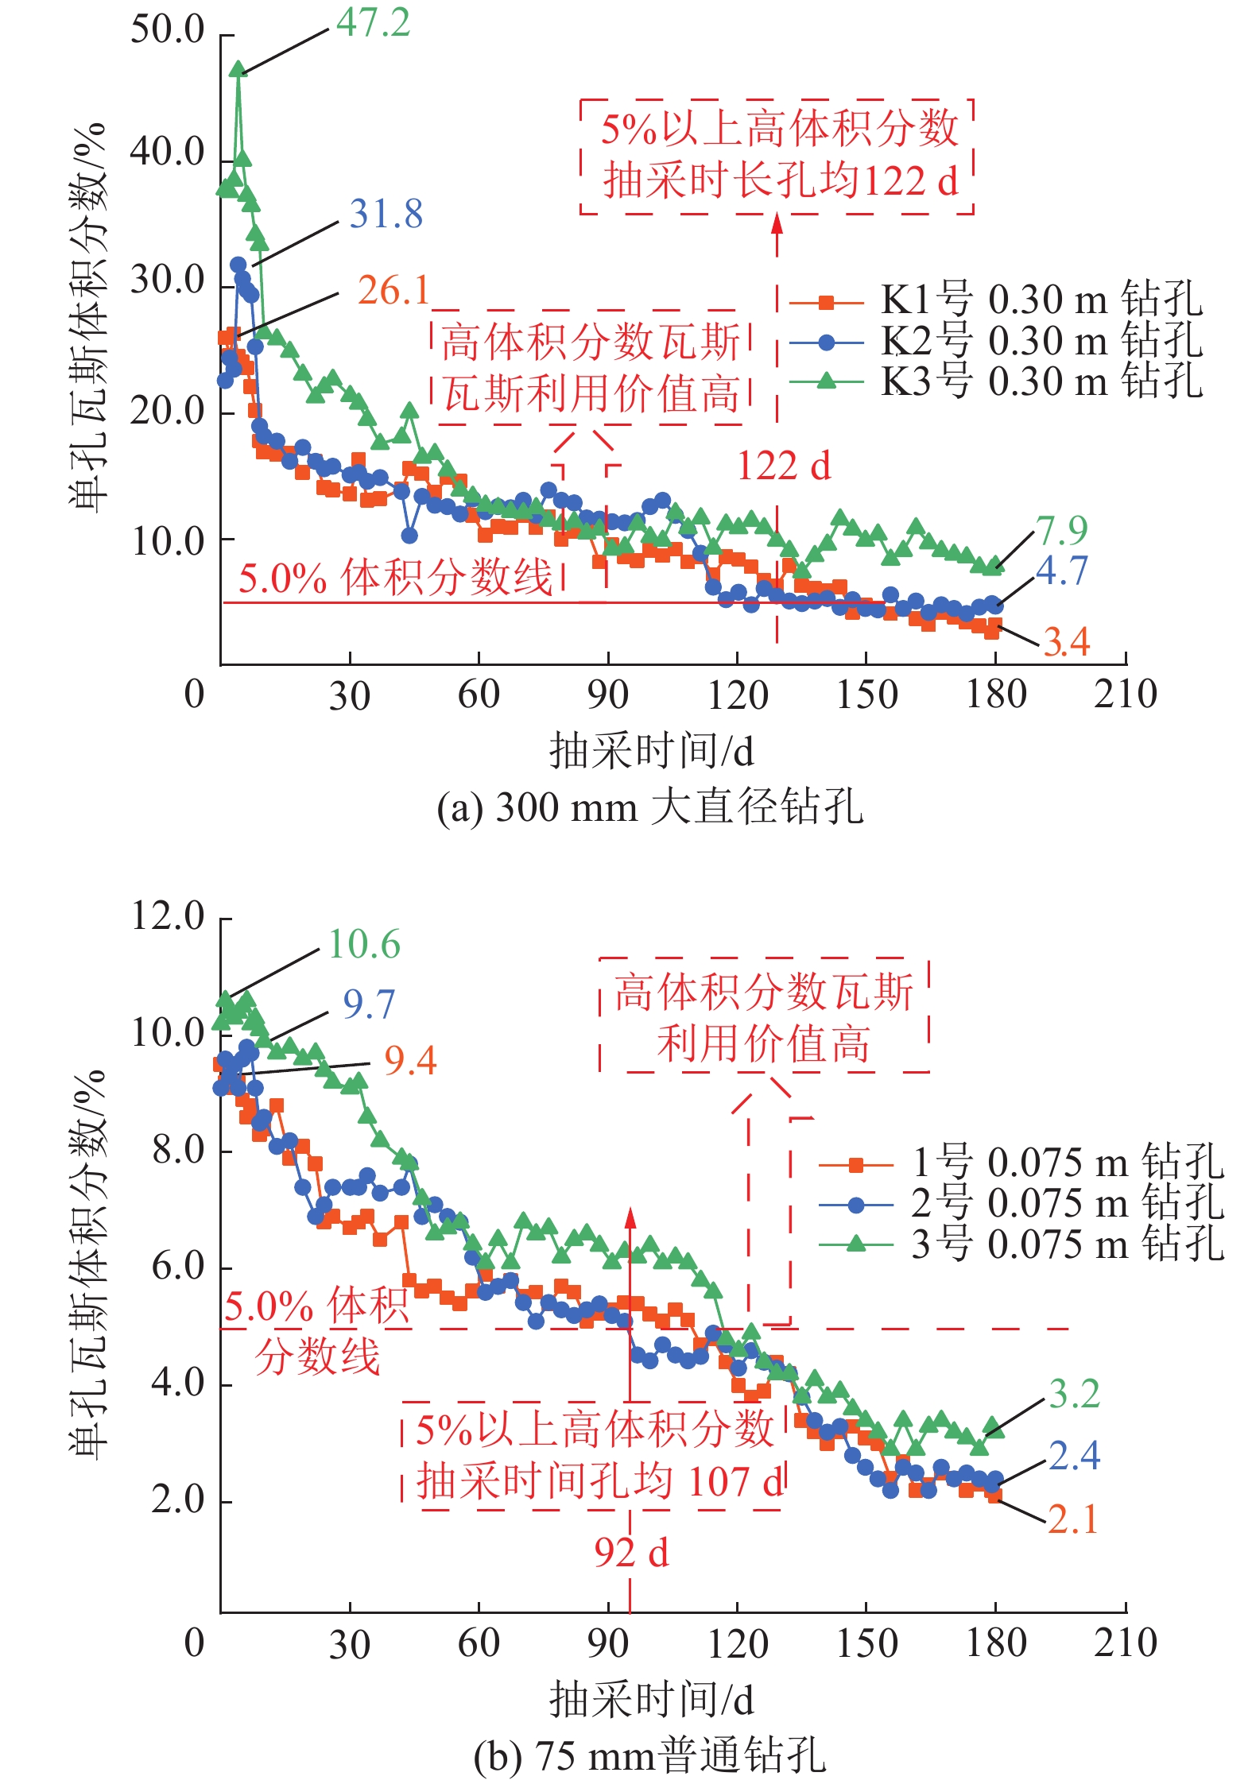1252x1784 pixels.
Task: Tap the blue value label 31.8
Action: click(x=386, y=215)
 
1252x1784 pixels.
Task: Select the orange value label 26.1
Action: click(x=393, y=291)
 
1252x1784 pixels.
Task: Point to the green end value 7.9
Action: click(x=1062, y=530)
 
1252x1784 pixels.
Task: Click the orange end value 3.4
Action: click(x=1066, y=642)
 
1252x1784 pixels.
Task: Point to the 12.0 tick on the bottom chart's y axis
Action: click(x=168, y=916)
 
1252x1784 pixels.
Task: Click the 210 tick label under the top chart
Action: click(x=1125, y=695)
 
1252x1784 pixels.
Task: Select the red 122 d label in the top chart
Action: click(x=784, y=466)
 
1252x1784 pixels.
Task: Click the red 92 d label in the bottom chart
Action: click(x=631, y=1552)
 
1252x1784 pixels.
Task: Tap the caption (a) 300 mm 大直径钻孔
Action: click(x=649, y=808)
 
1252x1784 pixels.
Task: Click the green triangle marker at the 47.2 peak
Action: click(x=238, y=69)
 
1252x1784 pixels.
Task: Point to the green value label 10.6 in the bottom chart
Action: click(x=364, y=945)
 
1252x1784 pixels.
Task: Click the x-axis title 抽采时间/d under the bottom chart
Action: click(x=651, y=1700)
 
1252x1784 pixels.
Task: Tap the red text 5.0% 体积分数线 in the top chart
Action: click(x=395, y=578)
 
